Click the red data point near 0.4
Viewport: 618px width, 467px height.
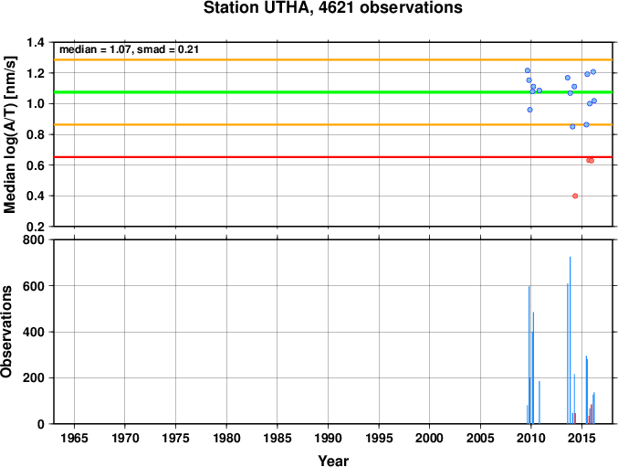(x=575, y=196)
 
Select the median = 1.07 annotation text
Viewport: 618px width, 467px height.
(x=95, y=49)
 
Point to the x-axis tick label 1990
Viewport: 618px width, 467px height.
(x=328, y=438)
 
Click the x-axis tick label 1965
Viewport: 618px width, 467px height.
(x=74, y=438)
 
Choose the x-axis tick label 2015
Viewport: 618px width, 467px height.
(x=581, y=438)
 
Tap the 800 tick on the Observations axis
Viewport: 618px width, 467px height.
(x=34, y=239)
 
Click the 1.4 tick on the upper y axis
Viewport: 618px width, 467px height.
(x=36, y=42)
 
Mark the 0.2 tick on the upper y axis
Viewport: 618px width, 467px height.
(x=36, y=227)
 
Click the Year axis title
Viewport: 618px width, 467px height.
(x=333, y=461)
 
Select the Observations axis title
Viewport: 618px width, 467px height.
(x=6, y=332)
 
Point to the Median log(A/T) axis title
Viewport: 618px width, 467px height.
(x=9, y=134)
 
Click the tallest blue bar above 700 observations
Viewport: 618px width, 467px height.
(x=570, y=340)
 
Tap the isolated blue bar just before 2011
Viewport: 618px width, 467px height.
(x=539, y=402)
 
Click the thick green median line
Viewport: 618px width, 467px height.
(x=333, y=92)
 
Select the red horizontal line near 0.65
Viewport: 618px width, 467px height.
(x=333, y=157)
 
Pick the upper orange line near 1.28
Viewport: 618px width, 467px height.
(x=333, y=60)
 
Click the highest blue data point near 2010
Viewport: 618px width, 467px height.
(x=528, y=70)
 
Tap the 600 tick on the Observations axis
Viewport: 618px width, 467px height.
(x=34, y=286)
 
